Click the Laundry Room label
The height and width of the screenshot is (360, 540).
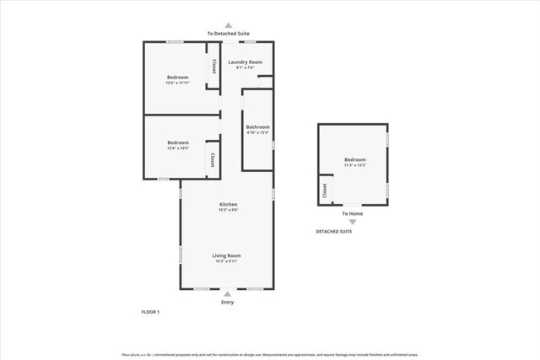click(245, 62)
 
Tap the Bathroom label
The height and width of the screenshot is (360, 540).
click(257, 127)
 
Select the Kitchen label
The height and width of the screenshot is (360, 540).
click(228, 205)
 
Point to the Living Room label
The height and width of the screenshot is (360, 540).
click(227, 255)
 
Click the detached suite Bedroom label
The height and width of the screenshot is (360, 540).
click(354, 159)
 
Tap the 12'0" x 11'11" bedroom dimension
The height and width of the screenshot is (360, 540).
click(177, 83)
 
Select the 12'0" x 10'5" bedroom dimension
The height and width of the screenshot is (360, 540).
click(177, 148)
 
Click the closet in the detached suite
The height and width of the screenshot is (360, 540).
click(324, 192)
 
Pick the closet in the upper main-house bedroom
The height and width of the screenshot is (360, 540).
click(214, 67)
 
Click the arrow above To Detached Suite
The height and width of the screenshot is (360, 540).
click(228, 26)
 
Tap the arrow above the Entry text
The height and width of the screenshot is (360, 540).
click(227, 293)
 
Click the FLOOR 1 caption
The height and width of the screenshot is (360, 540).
click(150, 312)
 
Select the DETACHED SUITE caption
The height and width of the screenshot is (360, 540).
click(334, 231)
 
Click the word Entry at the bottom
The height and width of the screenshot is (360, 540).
click(227, 302)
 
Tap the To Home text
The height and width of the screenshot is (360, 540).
click(353, 214)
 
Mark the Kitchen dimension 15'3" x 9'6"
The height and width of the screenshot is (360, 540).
click(228, 210)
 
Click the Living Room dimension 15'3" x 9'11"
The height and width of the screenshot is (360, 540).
click(227, 261)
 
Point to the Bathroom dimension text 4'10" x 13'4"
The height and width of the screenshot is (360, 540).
click(257, 132)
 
